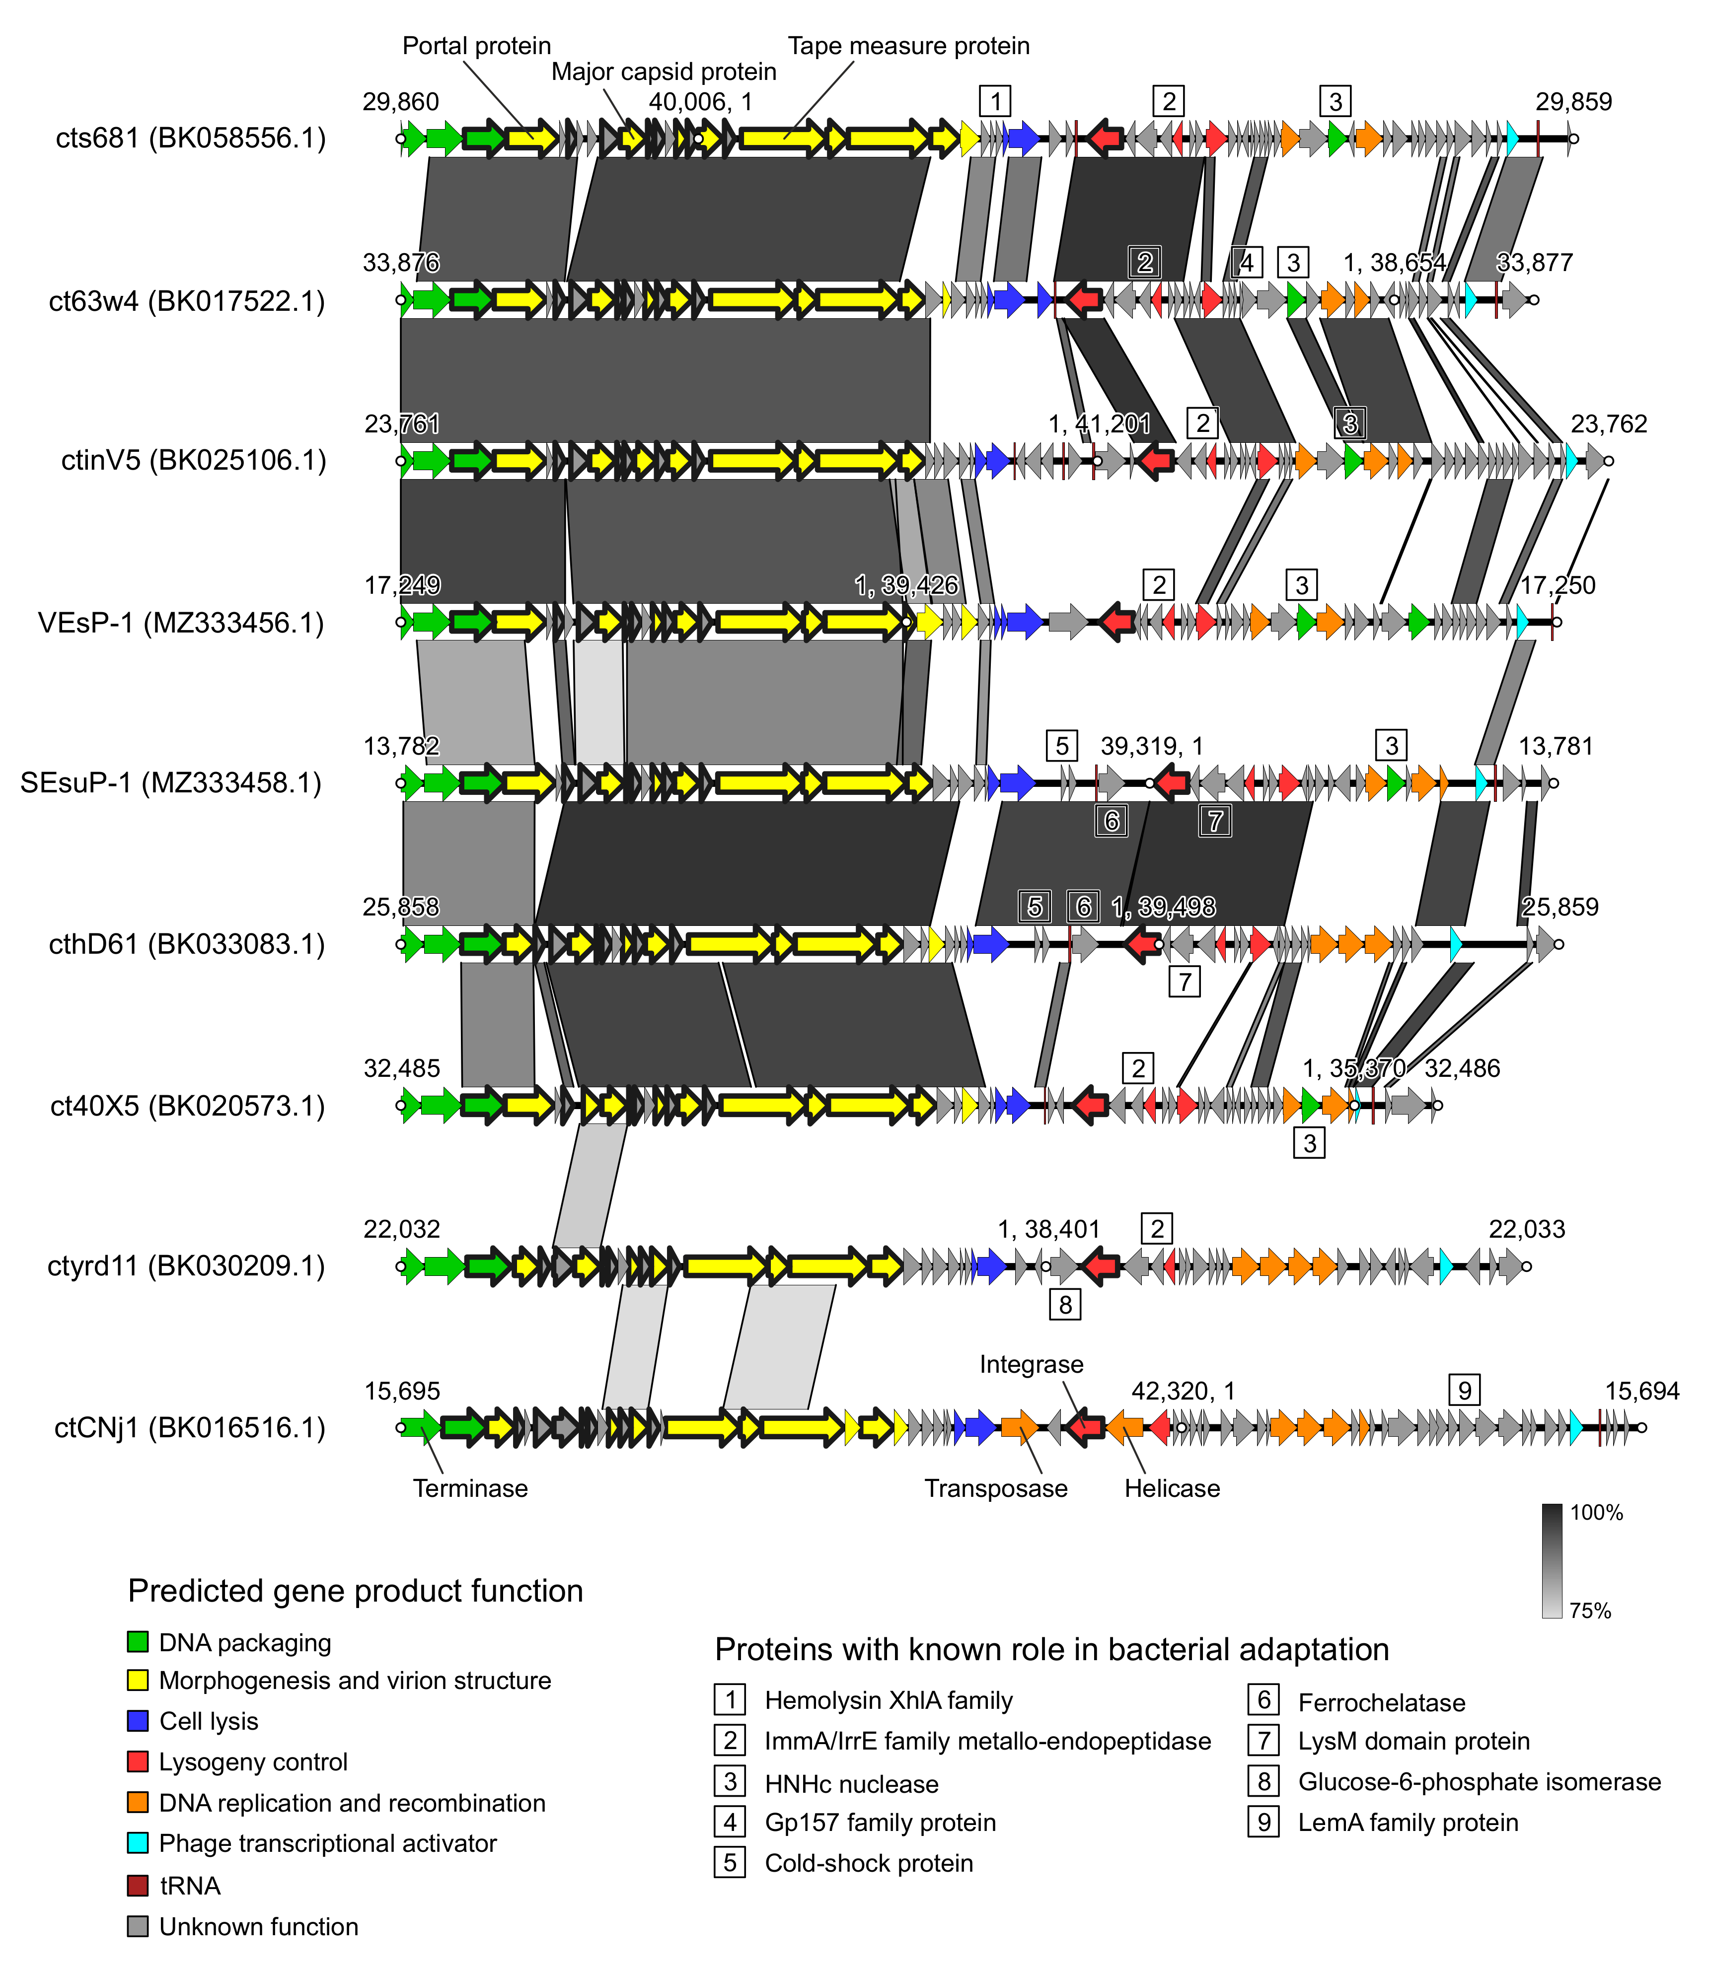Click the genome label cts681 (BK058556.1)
pos(191,139)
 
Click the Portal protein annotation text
pos(476,46)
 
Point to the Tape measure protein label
pos(908,46)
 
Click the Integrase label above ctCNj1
pos(1032,1364)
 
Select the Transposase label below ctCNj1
pos(995,1488)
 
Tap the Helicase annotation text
pos(1172,1488)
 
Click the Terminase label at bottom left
pos(470,1488)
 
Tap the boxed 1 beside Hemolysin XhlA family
pos(730,1699)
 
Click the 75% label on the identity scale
pos(1590,1610)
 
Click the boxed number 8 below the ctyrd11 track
pos(1065,1304)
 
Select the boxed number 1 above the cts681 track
pos(995,101)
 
